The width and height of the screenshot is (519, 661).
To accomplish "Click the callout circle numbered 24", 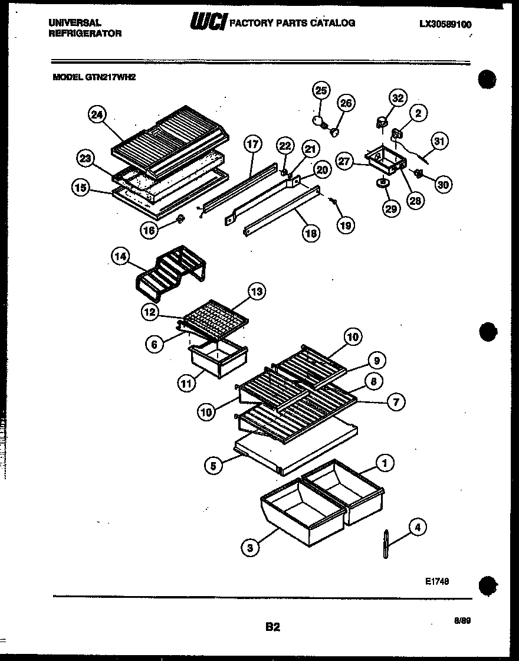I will tap(97, 116).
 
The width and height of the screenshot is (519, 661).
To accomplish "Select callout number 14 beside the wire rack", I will tap(120, 256).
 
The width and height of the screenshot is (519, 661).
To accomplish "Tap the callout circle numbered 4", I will tap(418, 527).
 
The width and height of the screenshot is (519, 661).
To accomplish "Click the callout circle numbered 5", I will tap(213, 466).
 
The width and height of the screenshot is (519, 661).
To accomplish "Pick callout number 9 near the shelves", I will tap(376, 359).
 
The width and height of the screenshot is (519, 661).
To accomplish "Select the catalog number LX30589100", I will tap(446, 24).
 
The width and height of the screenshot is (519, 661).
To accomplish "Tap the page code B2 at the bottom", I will tap(272, 627).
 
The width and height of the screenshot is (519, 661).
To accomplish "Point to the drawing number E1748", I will tap(437, 581).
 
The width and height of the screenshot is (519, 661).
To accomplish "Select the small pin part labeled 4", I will tap(386, 543).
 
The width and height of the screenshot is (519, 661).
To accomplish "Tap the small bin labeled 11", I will tap(217, 361).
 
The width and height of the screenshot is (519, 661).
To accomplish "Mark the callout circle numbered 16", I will tap(149, 230).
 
